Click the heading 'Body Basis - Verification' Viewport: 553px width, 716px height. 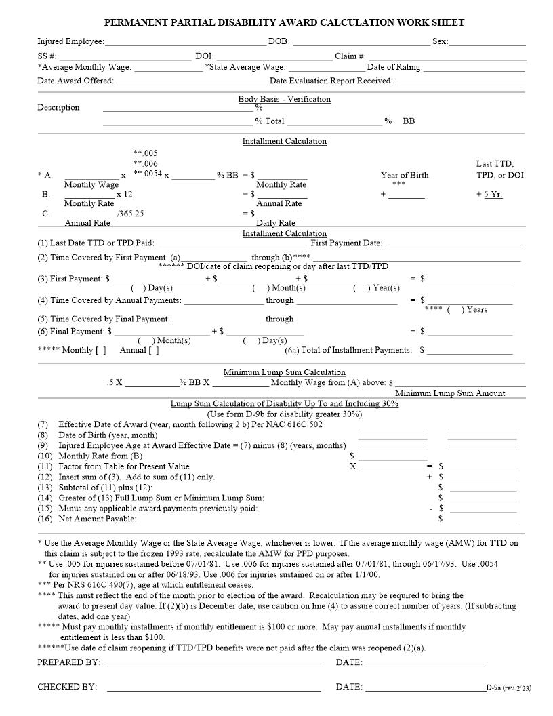click(x=284, y=99)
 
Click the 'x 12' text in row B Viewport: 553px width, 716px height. click(x=125, y=194)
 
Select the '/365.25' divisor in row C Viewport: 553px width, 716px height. click(x=130, y=213)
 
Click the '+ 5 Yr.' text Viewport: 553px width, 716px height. click(x=489, y=194)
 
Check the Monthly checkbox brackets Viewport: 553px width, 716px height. click(x=100, y=351)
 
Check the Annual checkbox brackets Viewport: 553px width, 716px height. click(x=154, y=351)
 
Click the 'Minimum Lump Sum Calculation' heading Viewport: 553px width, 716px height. click(x=284, y=372)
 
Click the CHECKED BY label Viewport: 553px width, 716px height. click(x=67, y=687)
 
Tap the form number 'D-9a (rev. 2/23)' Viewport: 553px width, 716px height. click(x=508, y=688)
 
